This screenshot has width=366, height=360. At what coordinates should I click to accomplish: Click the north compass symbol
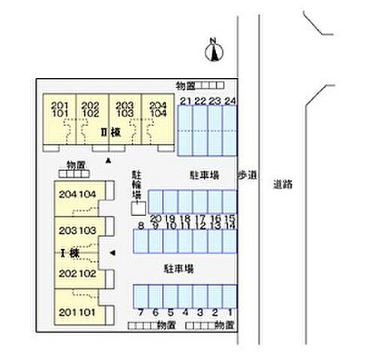tap(214, 49)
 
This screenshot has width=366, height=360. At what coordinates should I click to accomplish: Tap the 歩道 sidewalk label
tap(247, 175)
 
